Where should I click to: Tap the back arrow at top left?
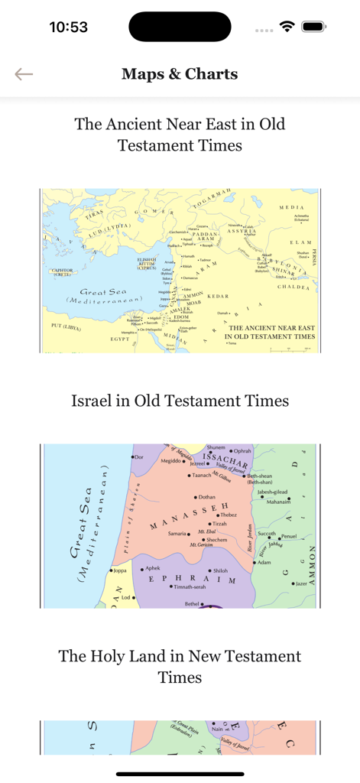pyautogui.click(x=24, y=74)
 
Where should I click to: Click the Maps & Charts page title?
pyautogui.click(x=180, y=74)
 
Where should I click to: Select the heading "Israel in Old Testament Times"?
pyautogui.click(x=180, y=401)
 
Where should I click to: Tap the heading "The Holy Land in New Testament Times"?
pyautogui.click(x=180, y=667)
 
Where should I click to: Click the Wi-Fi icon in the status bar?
pyautogui.click(x=287, y=27)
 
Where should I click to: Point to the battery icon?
pyautogui.click(x=313, y=27)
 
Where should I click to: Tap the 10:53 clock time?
pyautogui.click(x=68, y=27)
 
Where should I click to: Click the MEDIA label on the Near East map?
pyautogui.click(x=291, y=207)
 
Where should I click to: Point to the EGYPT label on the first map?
pyautogui.click(x=121, y=338)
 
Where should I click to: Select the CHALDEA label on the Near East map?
pyautogui.click(x=293, y=288)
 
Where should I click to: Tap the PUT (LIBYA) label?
pyautogui.click(x=66, y=327)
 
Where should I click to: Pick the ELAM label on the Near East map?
pyautogui.click(x=299, y=242)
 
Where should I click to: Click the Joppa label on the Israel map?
pyautogui.click(x=119, y=570)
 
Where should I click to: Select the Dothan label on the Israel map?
pyautogui.click(x=206, y=497)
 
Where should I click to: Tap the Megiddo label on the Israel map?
pyautogui.click(x=170, y=462)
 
